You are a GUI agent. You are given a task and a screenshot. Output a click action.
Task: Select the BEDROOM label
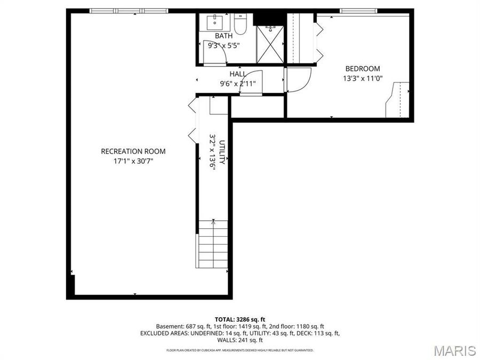[x=363, y=69]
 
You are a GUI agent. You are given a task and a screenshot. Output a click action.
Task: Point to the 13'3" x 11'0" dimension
[x=363, y=78]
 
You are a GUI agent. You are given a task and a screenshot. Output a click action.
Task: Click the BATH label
[x=223, y=36]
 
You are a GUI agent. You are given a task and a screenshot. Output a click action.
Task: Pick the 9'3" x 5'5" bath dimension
[x=223, y=45]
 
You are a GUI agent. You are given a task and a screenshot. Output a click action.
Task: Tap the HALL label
[x=238, y=74]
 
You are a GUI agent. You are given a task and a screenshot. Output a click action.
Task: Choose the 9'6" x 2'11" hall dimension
[x=238, y=83]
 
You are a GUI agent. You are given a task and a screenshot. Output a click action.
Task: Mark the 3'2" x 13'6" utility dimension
[x=212, y=152]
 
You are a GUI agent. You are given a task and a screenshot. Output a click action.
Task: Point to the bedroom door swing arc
[x=299, y=80]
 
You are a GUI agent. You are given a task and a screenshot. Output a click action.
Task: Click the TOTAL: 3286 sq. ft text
[x=239, y=319]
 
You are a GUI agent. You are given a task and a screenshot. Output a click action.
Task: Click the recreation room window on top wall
[x=129, y=10]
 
